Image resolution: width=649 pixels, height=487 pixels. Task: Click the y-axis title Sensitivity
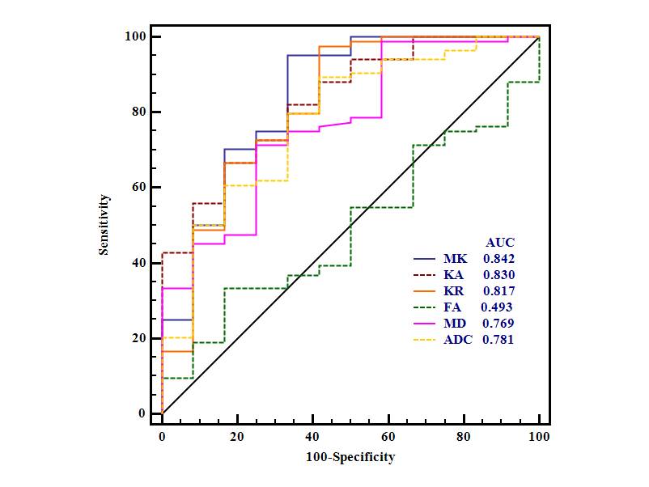pyautogui.click(x=104, y=224)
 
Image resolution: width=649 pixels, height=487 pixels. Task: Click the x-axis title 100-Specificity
pyautogui.click(x=350, y=457)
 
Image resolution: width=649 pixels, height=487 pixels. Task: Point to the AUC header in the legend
pyautogui.click(x=499, y=242)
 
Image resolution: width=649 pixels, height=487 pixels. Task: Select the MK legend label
pyautogui.click(x=454, y=259)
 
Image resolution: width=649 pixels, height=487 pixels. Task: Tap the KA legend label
pyautogui.click(x=453, y=275)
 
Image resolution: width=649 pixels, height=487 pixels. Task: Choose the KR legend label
pyautogui.click(x=453, y=291)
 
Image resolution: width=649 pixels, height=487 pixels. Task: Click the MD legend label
pyautogui.click(x=454, y=324)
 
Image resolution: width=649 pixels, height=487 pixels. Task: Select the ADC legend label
pyautogui.click(x=457, y=340)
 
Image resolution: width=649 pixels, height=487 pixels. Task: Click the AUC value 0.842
pyautogui.click(x=498, y=259)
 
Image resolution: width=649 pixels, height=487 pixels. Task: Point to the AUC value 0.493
pyautogui.click(x=496, y=307)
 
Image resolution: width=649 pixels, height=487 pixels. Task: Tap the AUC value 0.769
pyautogui.click(x=498, y=324)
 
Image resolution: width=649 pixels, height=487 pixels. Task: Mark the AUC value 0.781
pyautogui.click(x=498, y=340)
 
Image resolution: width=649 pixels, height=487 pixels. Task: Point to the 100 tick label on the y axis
pyautogui.click(x=134, y=36)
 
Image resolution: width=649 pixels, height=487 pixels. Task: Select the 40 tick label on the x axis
pyautogui.click(x=313, y=437)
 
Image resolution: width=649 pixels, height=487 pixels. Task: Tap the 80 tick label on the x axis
pyautogui.click(x=464, y=437)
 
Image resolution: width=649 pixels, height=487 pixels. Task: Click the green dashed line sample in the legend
pyautogui.click(x=424, y=307)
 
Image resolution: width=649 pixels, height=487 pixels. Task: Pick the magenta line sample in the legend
pyautogui.click(x=424, y=324)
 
